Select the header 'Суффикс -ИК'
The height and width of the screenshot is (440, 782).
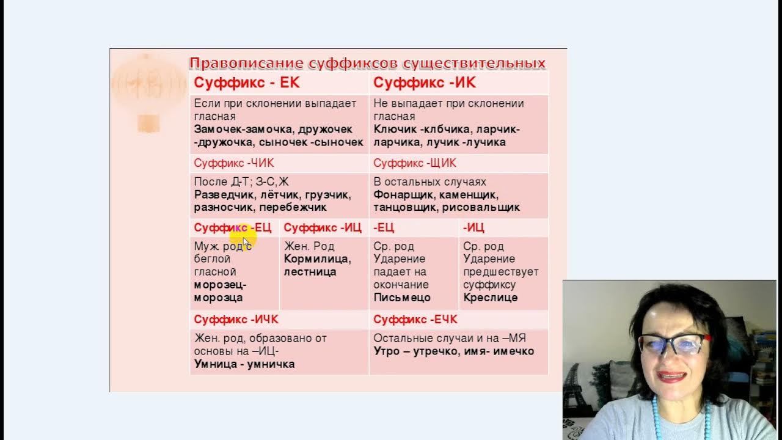pyautogui.click(x=424, y=83)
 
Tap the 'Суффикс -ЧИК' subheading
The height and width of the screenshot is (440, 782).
pyautogui.click(x=234, y=163)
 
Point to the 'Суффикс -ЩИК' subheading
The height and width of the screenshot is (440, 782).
pyautogui.click(x=415, y=163)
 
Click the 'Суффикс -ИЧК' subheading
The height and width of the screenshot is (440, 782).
pyautogui.click(x=236, y=320)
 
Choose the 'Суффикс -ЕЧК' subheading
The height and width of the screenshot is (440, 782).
pyautogui.click(x=415, y=320)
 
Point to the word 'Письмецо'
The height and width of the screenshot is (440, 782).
pyautogui.click(x=402, y=298)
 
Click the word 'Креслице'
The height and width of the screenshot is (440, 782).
pyautogui.click(x=490, y=298)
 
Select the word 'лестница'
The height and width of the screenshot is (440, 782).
pyautogui.click(x=310, y=271)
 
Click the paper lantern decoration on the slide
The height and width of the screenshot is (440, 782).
pyautogui.click(x=148, y=89)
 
